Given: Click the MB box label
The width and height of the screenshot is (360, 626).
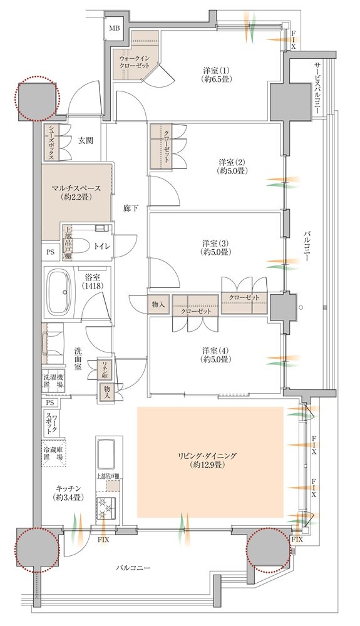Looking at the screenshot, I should [x=115, y=29].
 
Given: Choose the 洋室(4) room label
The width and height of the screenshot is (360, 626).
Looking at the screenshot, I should [x=216, y=355].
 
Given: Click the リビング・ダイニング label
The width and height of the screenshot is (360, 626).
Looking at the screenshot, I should [x=210, y=460].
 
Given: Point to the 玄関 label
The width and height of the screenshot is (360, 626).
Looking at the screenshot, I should [x=86, y=141].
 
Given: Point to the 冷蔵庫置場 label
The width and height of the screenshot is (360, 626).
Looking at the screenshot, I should [x=53, y=454].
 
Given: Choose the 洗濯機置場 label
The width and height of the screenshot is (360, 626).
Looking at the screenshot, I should [x=52, y=382].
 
